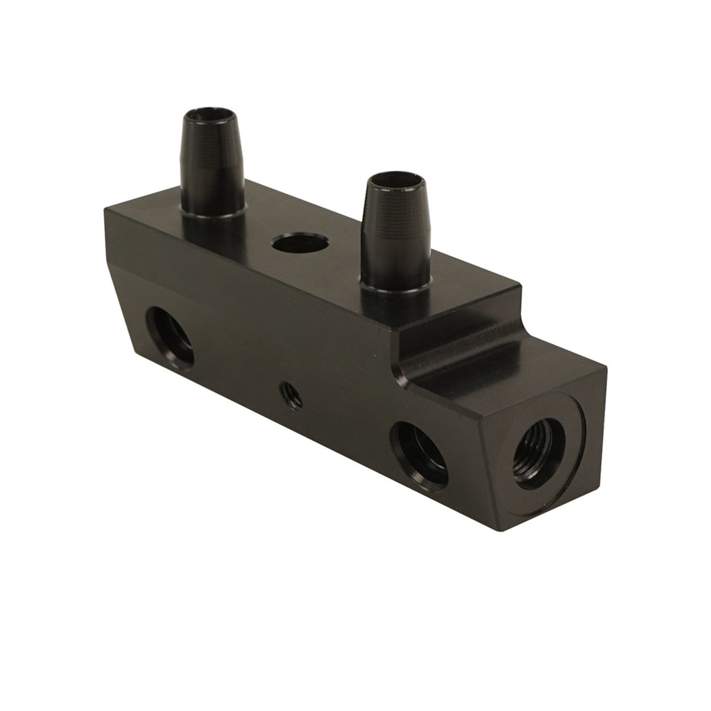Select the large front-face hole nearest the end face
coord(421,447)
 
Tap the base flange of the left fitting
coord(214,217)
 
